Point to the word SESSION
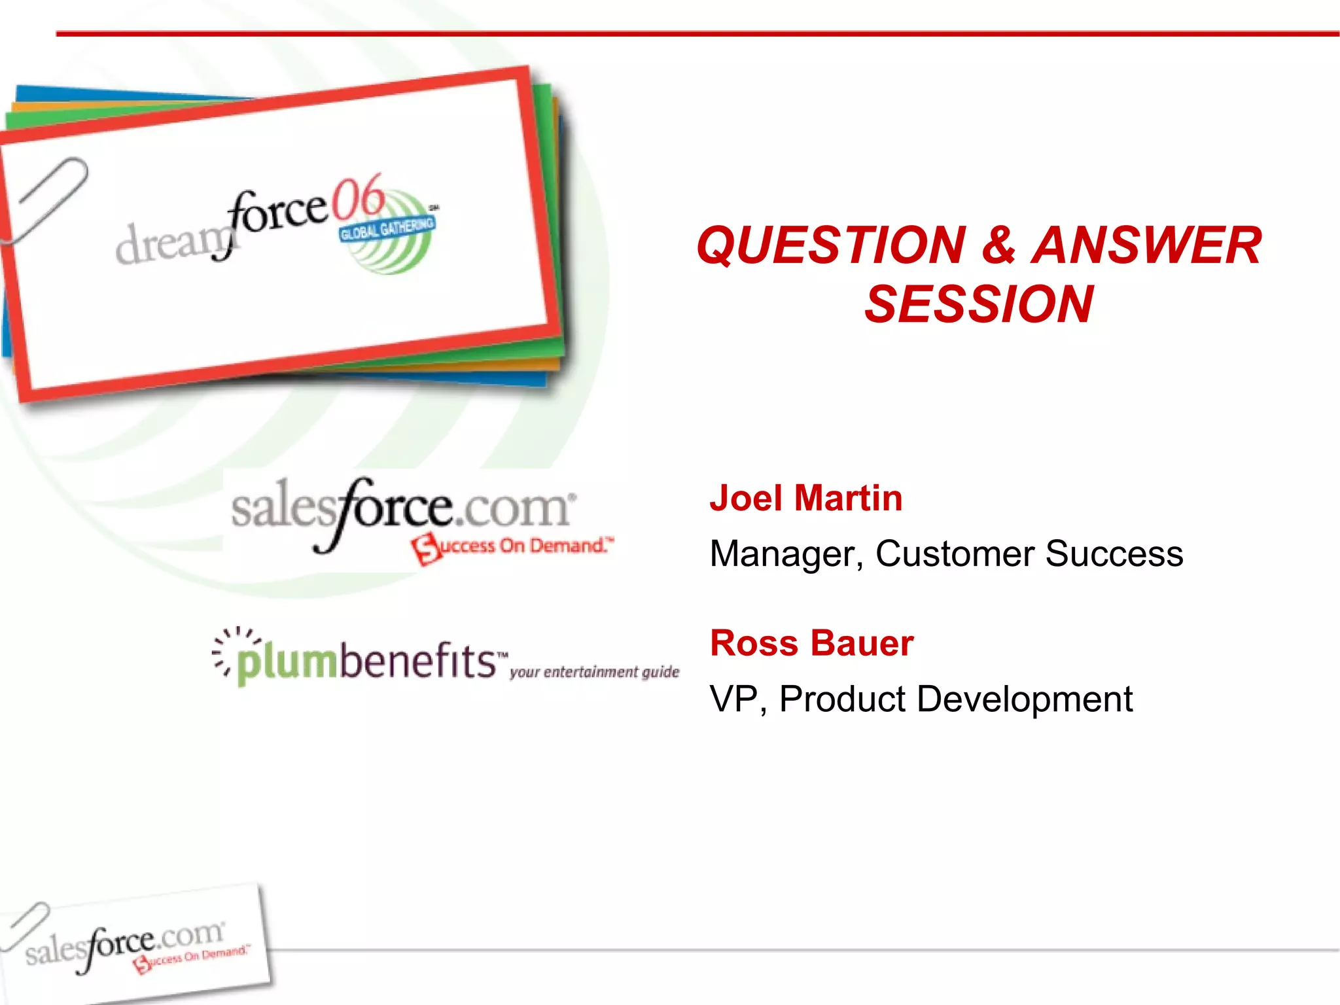979,304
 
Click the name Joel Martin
806,498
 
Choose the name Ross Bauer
811,643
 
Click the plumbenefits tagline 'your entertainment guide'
594,672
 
